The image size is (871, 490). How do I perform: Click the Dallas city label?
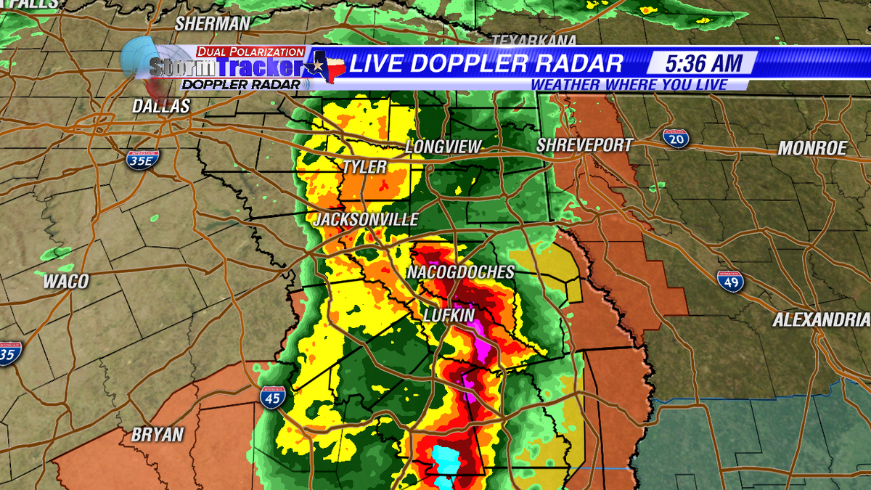(160, 106)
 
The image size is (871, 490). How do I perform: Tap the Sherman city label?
(211, 23)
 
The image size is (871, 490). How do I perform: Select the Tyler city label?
(364, 167)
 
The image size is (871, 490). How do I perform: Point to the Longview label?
(443, 147)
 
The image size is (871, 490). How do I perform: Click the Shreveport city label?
(584, 145)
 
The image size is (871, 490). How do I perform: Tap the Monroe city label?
(812, 148)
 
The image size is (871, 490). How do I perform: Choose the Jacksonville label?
(367, 219)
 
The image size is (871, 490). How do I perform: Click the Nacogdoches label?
(460, 272)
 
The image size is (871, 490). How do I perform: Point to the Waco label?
(65, 282)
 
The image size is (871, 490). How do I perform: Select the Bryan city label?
(158, 435)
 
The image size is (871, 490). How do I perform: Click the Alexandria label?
(820, 319)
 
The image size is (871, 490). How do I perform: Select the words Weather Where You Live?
(629, 85)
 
